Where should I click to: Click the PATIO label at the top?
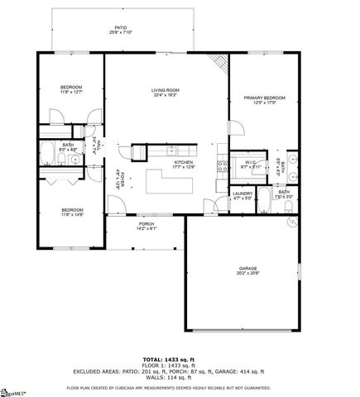pyautogui.click(x=121, y=27)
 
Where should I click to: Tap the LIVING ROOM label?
pyautogui.click(x=165, y=90)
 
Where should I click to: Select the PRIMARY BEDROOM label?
pyautogui.click(x=263, y=98)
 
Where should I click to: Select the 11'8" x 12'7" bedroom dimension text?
pyautogui.click(x=71, y=92)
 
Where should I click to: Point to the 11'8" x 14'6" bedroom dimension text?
pyautogui.click(x=71, y=214)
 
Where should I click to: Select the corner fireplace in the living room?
pyautogui.click(x=218, y=64)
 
